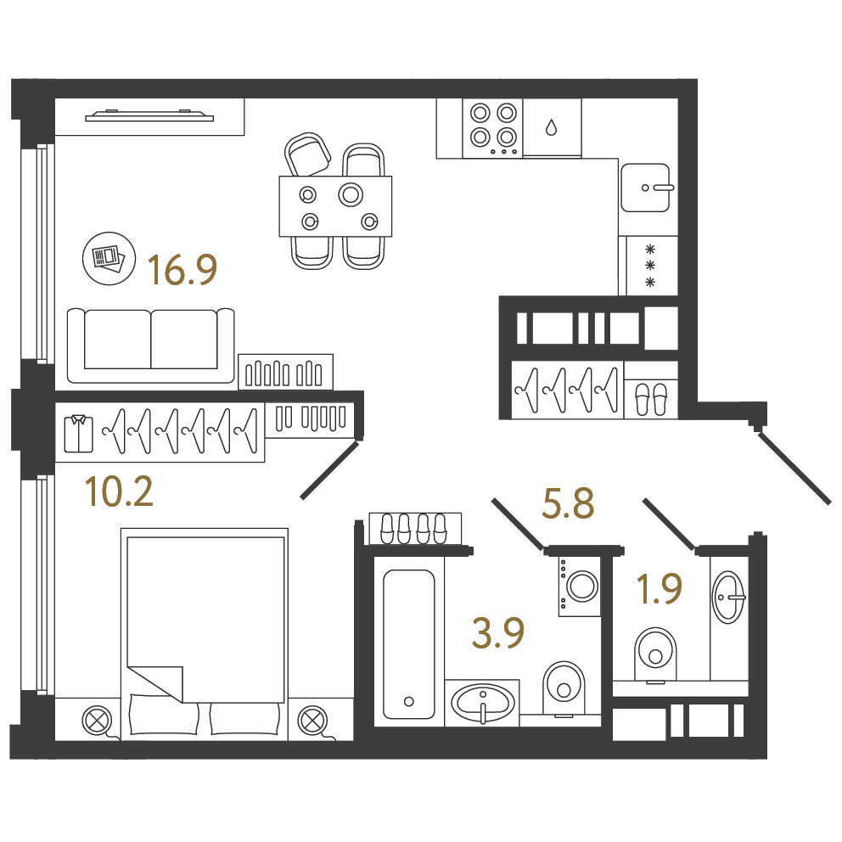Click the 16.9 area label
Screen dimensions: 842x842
tap(182, 270)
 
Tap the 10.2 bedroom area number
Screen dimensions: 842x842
tap(119, 491)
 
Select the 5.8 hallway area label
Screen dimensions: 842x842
tap(568, 503)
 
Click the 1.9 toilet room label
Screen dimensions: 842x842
tap(659, 588)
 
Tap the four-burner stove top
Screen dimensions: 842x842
tap(493, 128)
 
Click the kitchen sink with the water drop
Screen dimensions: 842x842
tap(552, 128)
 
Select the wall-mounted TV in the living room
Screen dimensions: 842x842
tap(149, 115)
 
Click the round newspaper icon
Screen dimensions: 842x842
tap(109, 258)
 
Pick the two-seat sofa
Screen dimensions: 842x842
tap(151, 345)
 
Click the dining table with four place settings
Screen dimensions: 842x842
tap(335, 206)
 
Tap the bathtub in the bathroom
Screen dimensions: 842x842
tap(409, 644)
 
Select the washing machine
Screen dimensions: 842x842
tap(580, 586)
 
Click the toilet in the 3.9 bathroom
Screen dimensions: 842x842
tap(564, 689)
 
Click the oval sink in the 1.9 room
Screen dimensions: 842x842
tap(729, 598)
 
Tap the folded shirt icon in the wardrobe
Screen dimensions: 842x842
tap(78, 434)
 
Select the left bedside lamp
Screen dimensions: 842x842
tap(98, 720)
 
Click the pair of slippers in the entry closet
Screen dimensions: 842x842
tap(651, 400)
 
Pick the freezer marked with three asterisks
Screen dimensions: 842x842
tap(650, 266)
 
